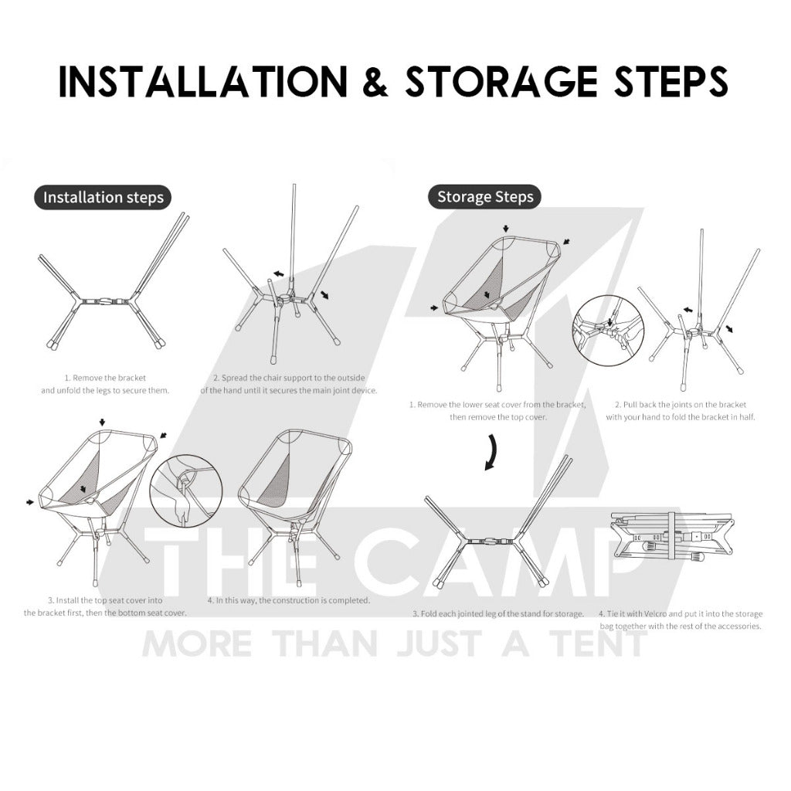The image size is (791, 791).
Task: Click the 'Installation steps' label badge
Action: click(x=103, y=197)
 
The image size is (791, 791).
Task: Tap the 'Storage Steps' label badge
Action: click(x=485, y=197)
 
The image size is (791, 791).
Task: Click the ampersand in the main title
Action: click(x=375, y=81)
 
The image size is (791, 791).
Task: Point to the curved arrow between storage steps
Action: click(x=492, y=453)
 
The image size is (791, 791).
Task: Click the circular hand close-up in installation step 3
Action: click(x=187, y=491)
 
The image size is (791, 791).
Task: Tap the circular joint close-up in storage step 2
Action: click(x=609, y=331)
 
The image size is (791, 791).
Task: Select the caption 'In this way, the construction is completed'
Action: click(x=289, y=600)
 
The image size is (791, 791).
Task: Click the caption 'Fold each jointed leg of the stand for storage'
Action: click(x=498, y=614)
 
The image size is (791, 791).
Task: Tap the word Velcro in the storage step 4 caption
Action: click(x=655, y=614)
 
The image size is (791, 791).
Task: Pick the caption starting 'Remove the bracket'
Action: click(x=105, y=384)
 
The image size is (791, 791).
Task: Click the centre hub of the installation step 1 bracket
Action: click(x=105, y=300)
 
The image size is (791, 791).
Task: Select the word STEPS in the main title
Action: click(x=671, y=81)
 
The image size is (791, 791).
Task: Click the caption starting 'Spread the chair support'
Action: click(x=289, y=384)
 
